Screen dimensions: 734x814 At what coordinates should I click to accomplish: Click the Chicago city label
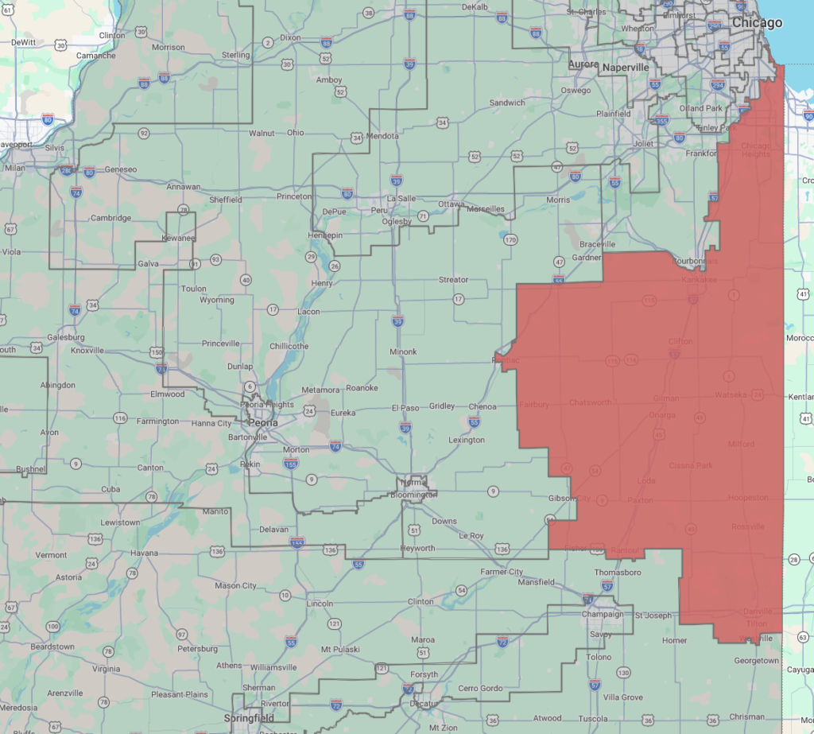pos(757,23)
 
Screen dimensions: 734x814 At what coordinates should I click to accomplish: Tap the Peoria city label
pos(264,422)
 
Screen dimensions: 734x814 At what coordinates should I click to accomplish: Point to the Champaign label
pos(603,614)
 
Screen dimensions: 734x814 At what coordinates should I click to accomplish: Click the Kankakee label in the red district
pos(699,280)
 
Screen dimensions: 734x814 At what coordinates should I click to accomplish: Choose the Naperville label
pos(626,68)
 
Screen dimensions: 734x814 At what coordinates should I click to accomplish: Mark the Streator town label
pos(453,280)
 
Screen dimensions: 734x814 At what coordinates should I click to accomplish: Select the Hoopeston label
pos(747,498)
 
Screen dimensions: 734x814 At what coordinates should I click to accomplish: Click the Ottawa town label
pos(451,204)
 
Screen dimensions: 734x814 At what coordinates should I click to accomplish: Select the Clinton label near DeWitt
pos(112,35)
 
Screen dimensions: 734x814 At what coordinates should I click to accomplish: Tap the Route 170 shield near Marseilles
pos(510,239)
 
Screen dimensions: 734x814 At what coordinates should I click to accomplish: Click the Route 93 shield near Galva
pos(215,260)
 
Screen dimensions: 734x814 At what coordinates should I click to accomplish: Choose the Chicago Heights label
pos(756,150)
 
